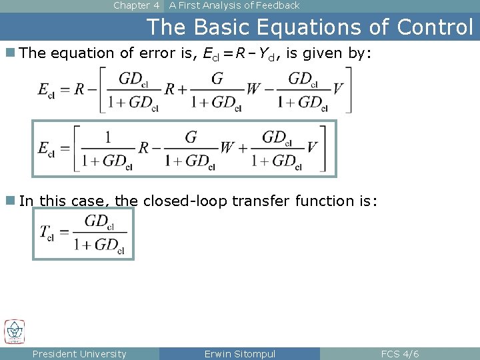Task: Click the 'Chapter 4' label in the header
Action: tap(136, 5)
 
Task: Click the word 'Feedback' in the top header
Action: tap(274, 5)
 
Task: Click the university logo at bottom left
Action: tap(14, 331)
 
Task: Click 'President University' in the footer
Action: tap(79, 353)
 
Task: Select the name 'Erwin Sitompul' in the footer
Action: tap(239, 353)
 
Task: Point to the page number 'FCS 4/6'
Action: tap(399, 353)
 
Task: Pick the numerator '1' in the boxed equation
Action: tap(107, 137)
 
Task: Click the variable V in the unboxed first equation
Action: tap(337, 90)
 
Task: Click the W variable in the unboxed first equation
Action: tap(253, 90)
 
